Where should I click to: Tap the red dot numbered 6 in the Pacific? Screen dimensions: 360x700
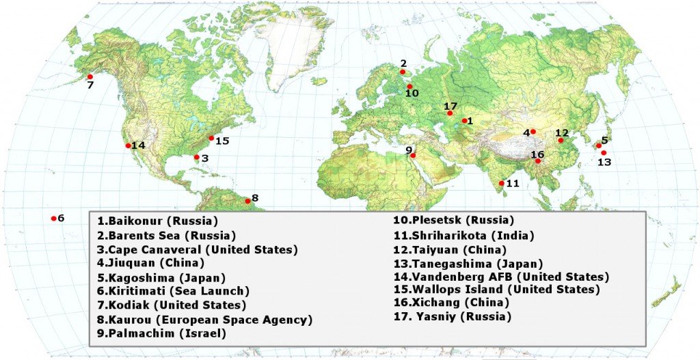point(53,219)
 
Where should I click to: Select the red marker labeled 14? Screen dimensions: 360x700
point(128,146)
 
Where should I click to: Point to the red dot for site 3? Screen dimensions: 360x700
point(197,157)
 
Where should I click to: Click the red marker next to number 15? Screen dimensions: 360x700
point(211,138)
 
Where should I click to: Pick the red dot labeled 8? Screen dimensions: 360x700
point(247,201)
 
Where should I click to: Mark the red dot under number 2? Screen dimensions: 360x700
point(403,72)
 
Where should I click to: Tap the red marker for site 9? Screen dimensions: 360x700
point(414,156)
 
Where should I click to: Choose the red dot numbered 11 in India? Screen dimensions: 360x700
point(502,183)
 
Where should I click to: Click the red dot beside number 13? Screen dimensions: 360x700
point(604,153)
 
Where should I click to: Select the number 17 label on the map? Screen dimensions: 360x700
point(450,107)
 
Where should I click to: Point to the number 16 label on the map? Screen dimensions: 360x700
point(537,154)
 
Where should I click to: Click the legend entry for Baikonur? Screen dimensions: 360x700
point(157,221)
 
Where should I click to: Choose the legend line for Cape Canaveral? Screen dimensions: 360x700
point(198,249)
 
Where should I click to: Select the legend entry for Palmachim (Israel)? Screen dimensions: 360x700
point(161,333)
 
